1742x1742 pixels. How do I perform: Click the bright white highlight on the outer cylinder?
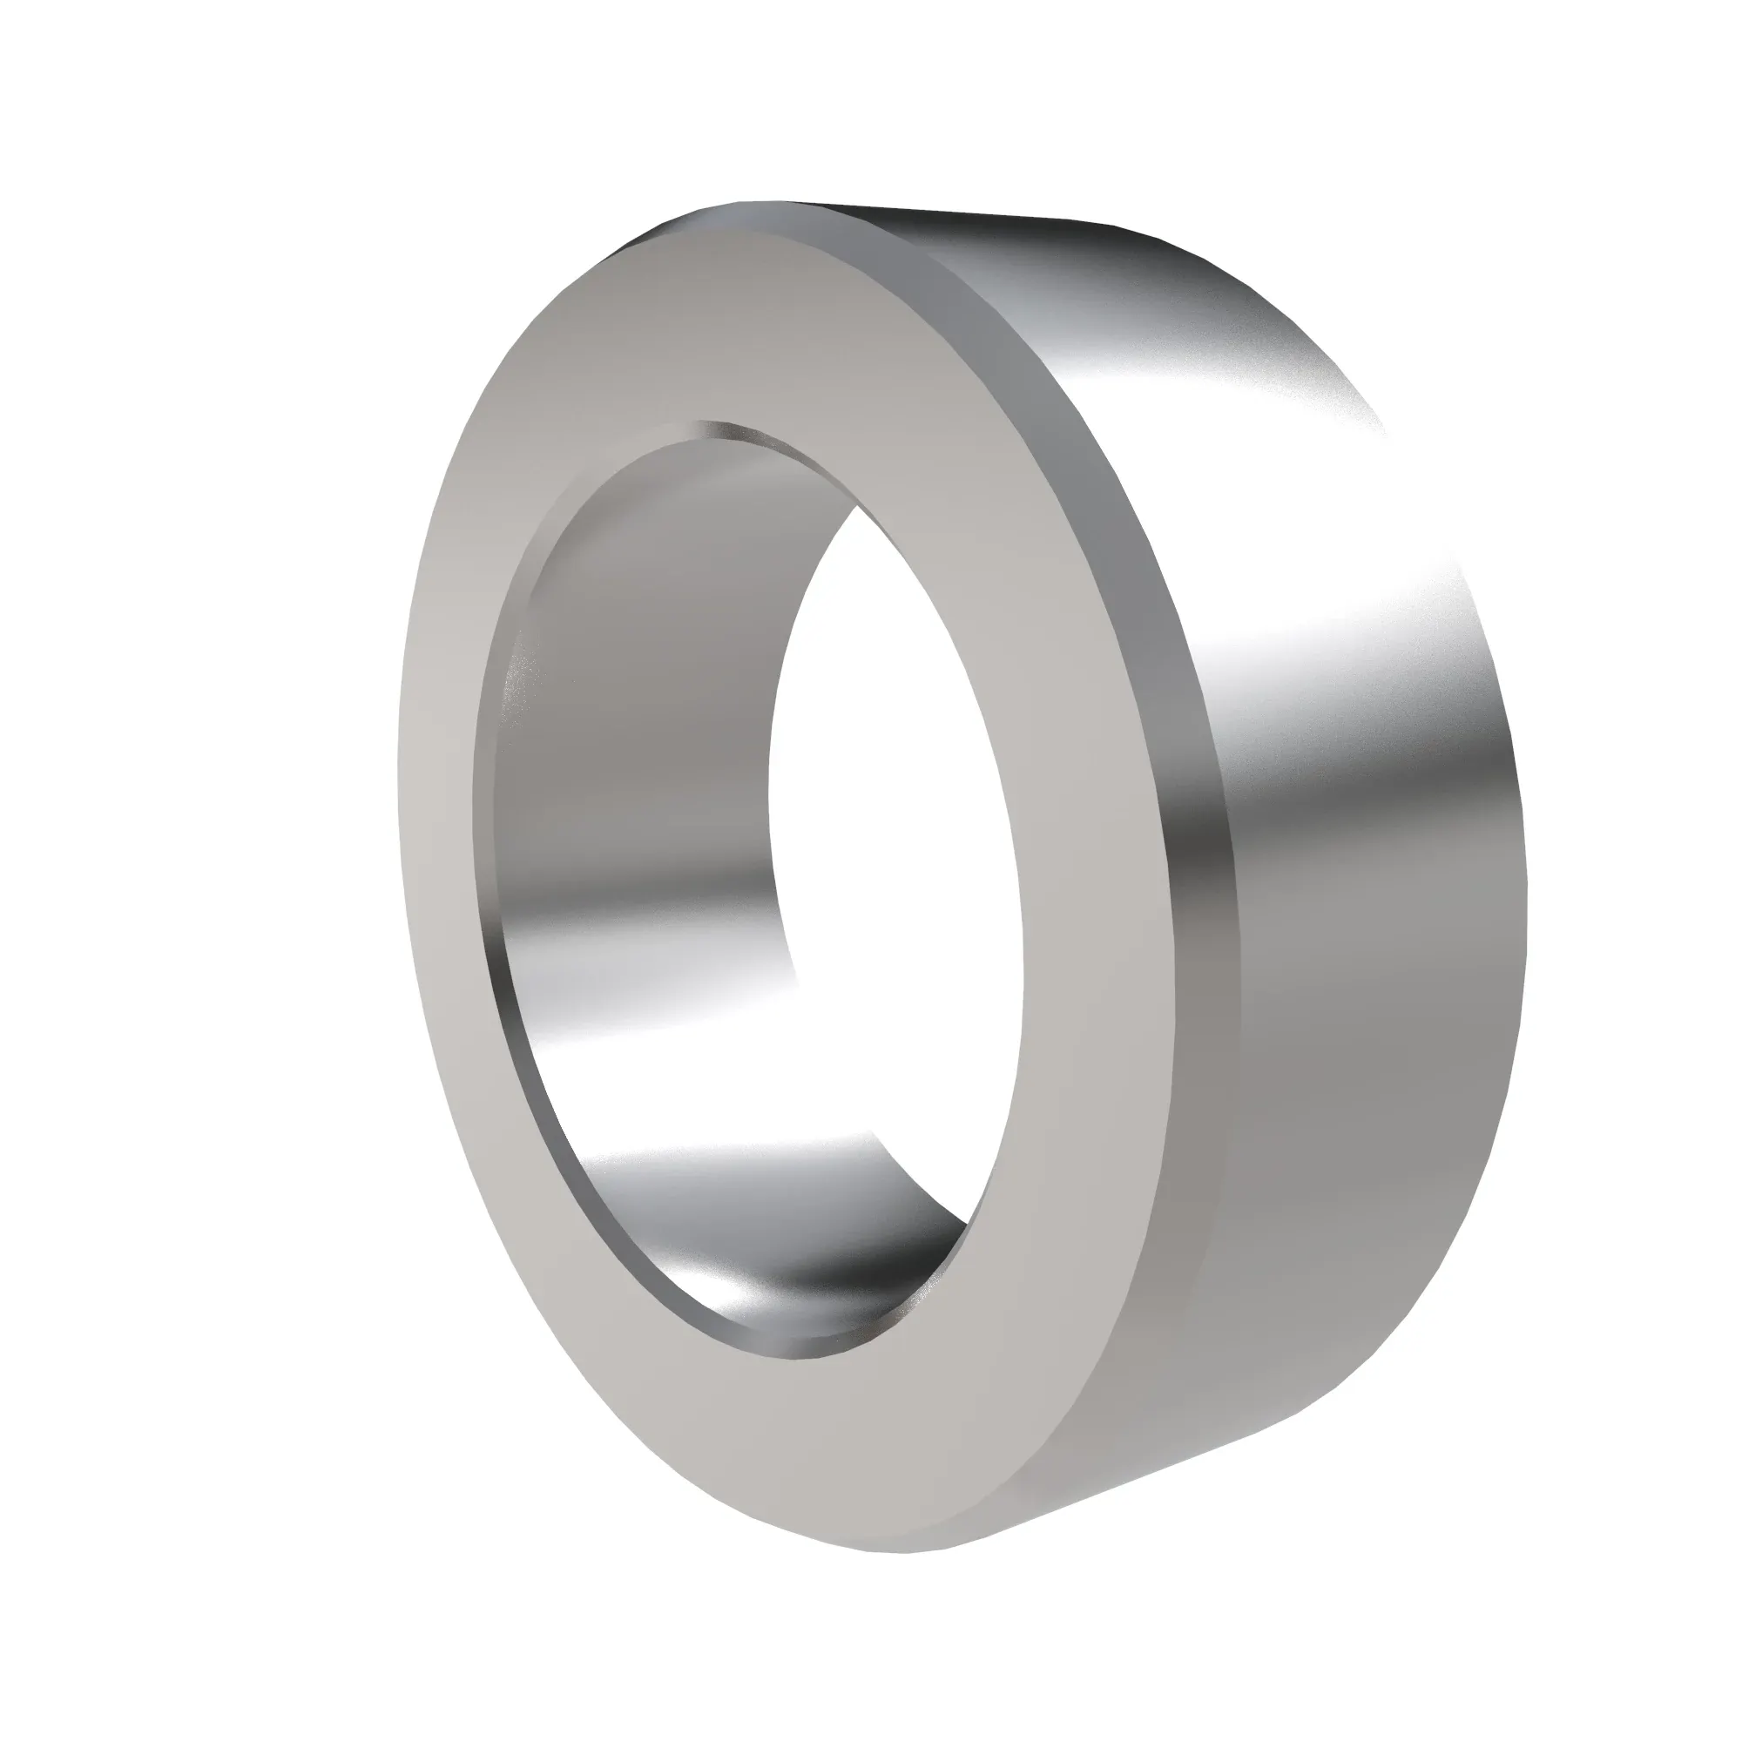(x=1388, y=559)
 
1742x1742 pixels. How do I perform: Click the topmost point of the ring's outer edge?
(x=766, y=202)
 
